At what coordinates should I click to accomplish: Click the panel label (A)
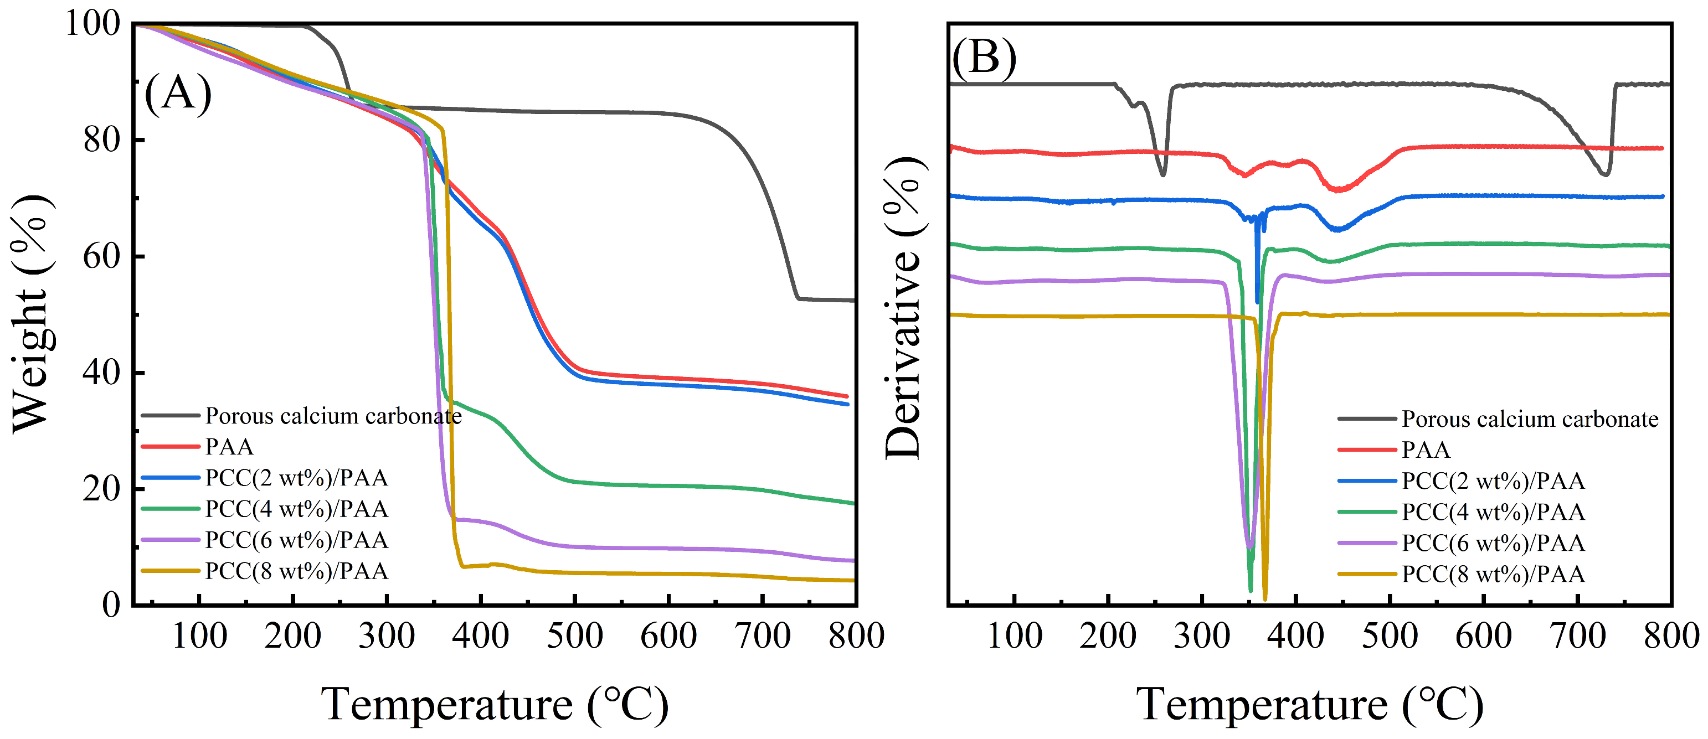coord(178,94)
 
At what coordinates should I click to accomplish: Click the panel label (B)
coord(984,58)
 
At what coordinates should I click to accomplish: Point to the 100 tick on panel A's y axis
coord(93,24)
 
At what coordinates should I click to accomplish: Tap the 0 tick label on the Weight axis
coord(111,604)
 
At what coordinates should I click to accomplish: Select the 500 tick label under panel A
coord(574,636)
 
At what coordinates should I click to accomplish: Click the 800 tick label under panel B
coord(1671,636)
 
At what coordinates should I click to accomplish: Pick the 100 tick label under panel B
coord(1015,636)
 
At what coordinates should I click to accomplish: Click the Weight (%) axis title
coord(32,315)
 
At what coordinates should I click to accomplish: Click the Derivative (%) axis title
coord(903,308)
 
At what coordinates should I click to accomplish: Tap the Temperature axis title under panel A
coord(495,704)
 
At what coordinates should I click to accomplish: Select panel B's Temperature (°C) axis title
coord(1309,704)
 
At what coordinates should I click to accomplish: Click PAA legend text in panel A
coord(229,447)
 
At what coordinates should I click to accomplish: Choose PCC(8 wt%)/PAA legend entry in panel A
coord(296,571)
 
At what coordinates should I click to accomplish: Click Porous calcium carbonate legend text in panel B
coord(1530,419)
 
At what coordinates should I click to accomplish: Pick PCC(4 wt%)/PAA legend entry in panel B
coord(1493,511)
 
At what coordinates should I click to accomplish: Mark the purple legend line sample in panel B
coord(1366,543)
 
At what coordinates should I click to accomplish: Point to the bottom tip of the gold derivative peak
coord(1265,599)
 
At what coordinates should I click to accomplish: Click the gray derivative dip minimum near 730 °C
coord(1604,174)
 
